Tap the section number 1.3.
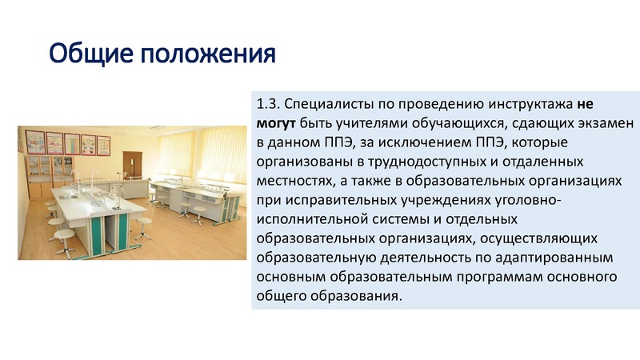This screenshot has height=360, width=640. (269, 105)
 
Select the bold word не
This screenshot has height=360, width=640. (586, 105)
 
